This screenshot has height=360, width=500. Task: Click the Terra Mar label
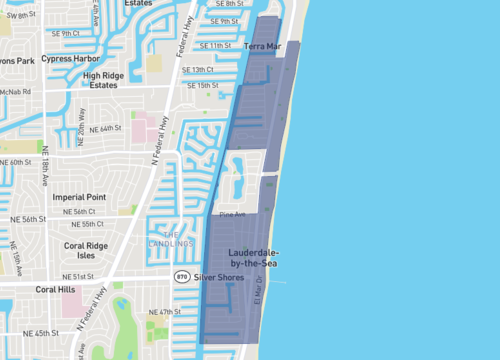click(263, 47)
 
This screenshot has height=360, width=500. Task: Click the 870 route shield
click(182, 276)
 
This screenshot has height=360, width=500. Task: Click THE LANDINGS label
click(176, 239)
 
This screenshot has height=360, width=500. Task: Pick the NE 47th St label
click(167, 313)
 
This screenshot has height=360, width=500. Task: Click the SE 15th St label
click(208, 86)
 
